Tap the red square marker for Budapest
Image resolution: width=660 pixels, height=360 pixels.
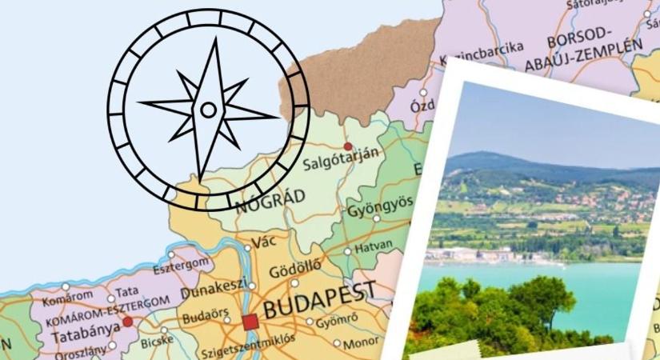[x=250, y=322]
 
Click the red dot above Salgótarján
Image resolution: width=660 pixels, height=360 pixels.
[x=347, y=146]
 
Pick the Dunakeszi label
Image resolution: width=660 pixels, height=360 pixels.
[x=211, y=293]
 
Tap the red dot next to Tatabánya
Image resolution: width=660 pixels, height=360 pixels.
[x=127, y=322]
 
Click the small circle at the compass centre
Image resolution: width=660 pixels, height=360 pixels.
[x=208, y=110]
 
